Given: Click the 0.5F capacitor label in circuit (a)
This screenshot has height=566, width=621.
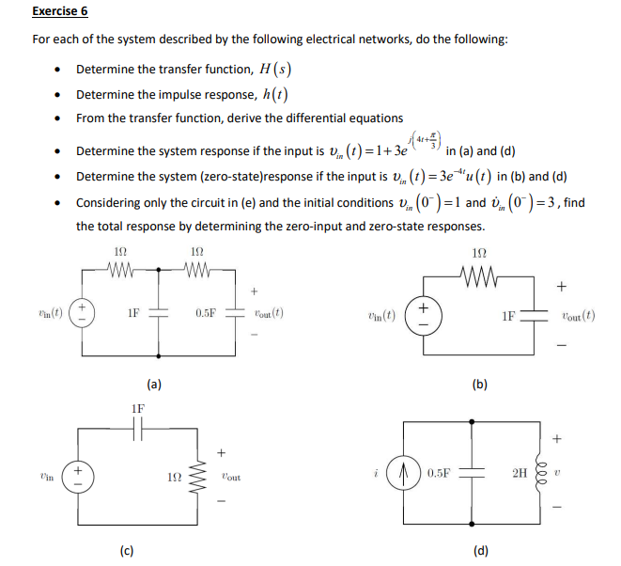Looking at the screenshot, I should (x=205, y=312).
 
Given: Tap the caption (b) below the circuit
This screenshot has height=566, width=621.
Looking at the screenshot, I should (x=479, y=384).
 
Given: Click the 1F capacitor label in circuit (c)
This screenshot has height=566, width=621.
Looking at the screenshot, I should (x=138, y=408).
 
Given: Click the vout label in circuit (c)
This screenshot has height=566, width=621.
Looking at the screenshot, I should (x=229, y=477).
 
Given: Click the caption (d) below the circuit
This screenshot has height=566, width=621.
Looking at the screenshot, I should (x=479, y=550).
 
